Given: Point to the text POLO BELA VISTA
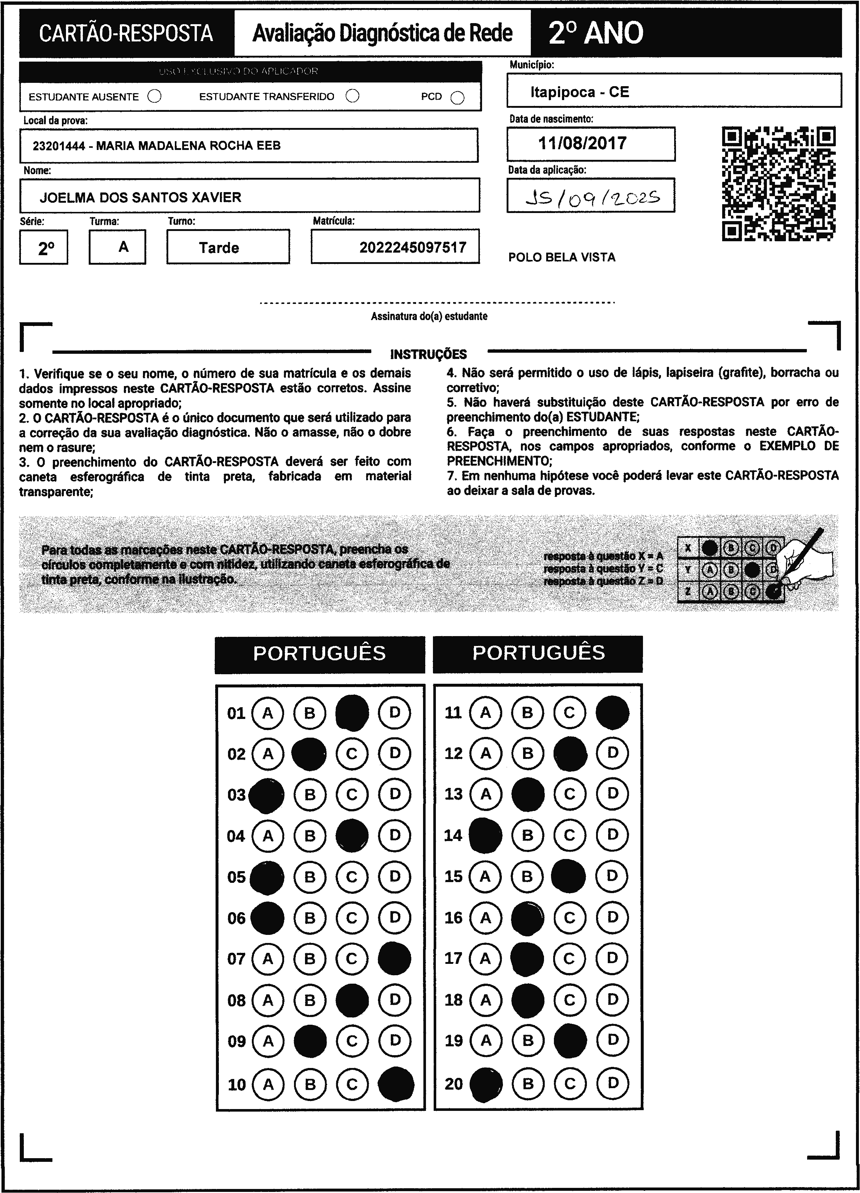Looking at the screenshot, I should pos(561,257).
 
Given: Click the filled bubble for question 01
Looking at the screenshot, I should pos(352,713).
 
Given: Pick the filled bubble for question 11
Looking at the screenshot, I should pos(612,713).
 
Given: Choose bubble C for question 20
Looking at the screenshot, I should pos(570,1084).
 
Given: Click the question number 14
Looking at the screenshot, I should pos(453,835).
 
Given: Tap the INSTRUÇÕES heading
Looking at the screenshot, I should pos(428,354).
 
